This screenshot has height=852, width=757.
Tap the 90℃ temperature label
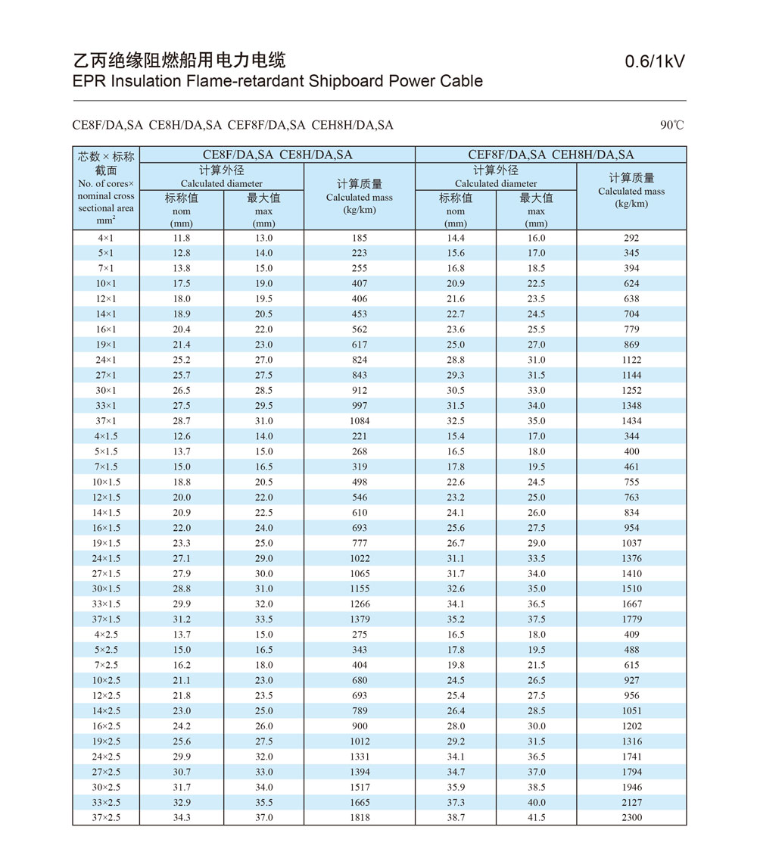click(x=671, y=125)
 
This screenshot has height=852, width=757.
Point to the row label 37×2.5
click(x=107, y=817)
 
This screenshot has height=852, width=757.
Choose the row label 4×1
click(x=107, y=238)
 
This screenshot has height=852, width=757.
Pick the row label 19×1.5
click(x=107, y=543)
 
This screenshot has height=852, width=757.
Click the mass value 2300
click(x=631, y=817)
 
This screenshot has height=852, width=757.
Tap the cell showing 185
click(x=360, y=238)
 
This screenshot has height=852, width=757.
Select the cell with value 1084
click(x=360, y=421)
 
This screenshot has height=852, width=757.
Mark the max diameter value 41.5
click(x=536, y=817)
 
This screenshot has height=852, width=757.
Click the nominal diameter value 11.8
click(x=182, y=238)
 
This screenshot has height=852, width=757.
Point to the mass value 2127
click(x=631, y=802)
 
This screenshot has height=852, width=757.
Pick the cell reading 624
click(x=631, y=283)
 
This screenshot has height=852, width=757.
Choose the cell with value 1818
click(x=360, y=817)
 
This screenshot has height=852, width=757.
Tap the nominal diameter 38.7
click(x=456, y=817)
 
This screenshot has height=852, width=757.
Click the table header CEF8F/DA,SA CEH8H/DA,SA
click(x=551, y=154)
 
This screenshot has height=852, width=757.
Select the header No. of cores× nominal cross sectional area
click(x=106, y=195)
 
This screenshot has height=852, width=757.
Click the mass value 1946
click(x=631, y=787)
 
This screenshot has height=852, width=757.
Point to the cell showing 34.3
click(x=182, y=817)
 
